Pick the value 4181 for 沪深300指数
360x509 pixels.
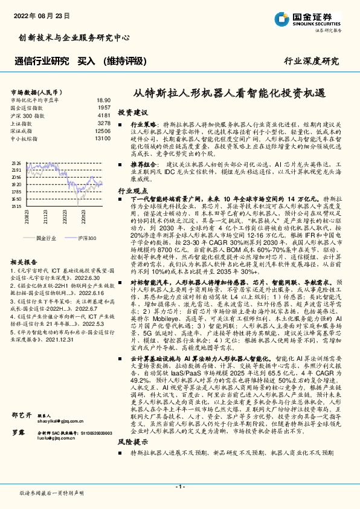(103, 115)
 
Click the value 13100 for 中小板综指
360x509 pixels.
(102, 138)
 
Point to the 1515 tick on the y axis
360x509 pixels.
(16, 206)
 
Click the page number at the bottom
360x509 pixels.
(179, 486)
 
